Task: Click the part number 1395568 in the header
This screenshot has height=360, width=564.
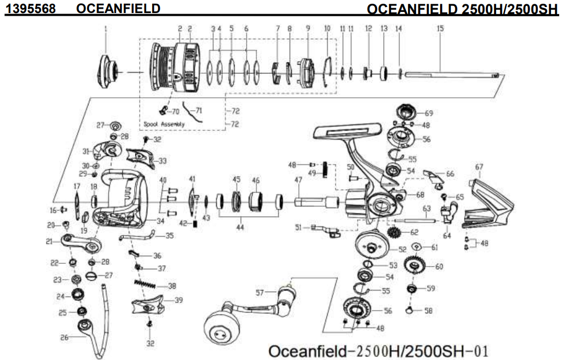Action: tap(31, 8)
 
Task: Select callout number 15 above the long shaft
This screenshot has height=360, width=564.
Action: tap(440, 28)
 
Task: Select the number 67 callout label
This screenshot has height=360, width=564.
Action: tap(479, 167)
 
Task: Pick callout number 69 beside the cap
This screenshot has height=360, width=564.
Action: tap(429, 113)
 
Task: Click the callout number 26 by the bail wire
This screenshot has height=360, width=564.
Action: tap(65, 337)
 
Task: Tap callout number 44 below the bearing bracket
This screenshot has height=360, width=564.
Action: tap(240, 228)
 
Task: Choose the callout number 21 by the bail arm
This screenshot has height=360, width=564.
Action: tap(49, 242)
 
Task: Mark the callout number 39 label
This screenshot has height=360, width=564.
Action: tap(178, 300)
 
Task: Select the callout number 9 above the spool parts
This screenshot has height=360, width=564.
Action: tap(308, 28)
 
